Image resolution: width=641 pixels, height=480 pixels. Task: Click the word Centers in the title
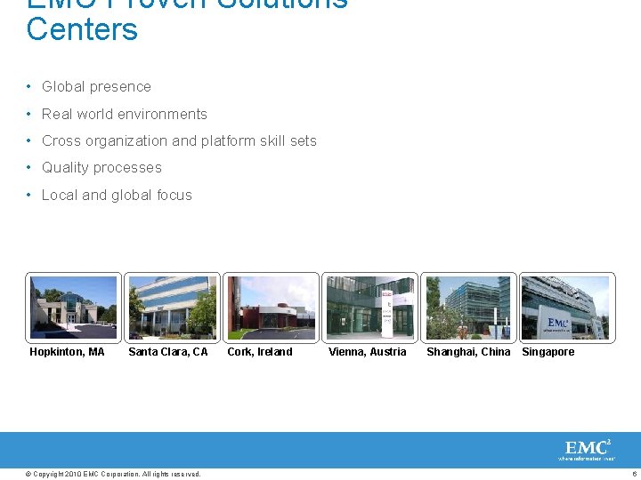[82, 29]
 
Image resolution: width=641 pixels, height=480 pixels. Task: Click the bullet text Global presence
[96, 87]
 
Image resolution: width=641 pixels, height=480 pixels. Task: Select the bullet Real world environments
[124, 114]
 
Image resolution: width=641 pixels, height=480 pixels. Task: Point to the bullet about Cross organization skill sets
[179, 140]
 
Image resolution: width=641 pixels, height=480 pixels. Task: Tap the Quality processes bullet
[101, 168]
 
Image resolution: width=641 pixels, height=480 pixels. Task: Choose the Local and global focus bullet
[117, 195]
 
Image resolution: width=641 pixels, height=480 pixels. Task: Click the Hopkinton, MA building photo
[73, 308]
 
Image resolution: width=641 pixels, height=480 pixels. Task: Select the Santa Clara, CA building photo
[172, 308]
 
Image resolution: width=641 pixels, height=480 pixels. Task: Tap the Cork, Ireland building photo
[271, 308]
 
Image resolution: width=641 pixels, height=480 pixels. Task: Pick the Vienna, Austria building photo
[369, 308]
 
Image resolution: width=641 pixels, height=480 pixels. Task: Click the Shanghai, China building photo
[468, 308]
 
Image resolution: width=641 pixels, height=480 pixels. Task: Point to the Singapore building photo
[566, 308]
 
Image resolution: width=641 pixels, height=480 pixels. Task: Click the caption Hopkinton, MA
[67, 352]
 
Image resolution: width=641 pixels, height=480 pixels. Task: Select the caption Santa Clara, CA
[168, 352]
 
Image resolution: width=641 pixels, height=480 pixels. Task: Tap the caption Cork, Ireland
[260, 352]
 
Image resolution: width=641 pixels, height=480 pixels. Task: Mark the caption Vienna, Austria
[367, 352]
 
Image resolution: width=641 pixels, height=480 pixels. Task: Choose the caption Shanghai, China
[468, 352]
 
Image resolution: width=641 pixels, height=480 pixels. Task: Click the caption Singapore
[548, 352]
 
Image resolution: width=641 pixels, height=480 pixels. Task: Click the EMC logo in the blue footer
[588, 449]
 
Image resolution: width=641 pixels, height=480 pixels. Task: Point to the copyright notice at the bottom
[114, 474]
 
